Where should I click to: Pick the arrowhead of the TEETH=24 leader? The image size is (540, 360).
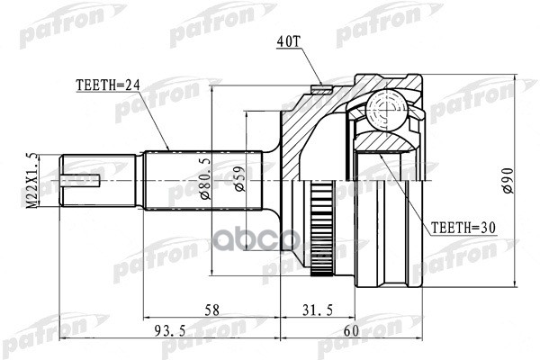[x=167, y=148]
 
